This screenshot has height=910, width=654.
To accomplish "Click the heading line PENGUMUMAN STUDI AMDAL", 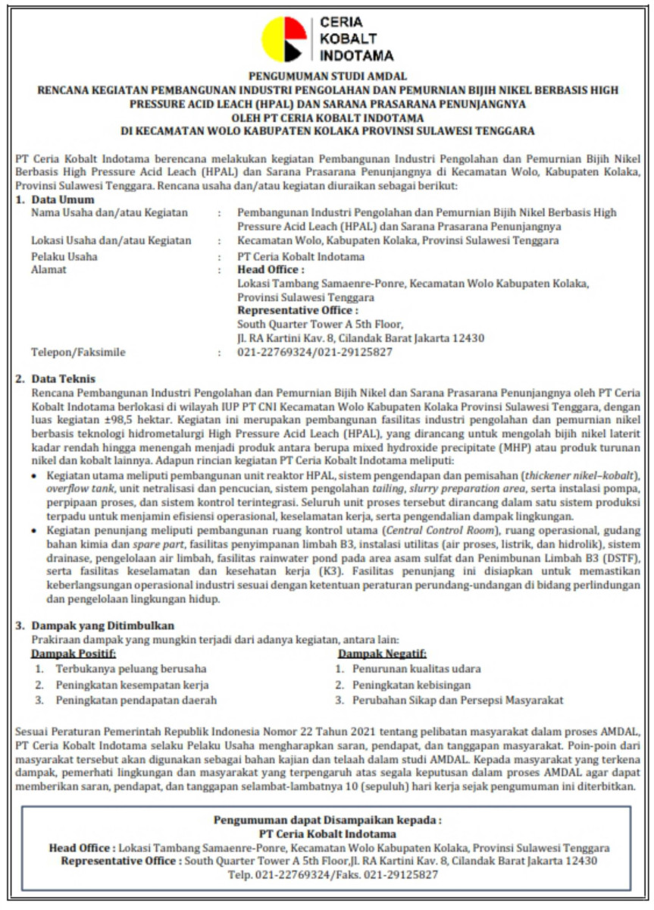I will (327, 76).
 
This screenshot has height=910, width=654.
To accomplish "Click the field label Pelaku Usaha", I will (64, 256).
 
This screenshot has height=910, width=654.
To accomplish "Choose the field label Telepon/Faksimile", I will (78, 352).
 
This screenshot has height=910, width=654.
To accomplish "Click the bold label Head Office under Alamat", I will (271, 270).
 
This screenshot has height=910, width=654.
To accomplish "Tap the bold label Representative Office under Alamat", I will (298, 311).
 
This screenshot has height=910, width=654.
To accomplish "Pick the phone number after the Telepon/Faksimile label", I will (315, 352).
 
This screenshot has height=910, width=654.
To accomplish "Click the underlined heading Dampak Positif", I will (74, 654).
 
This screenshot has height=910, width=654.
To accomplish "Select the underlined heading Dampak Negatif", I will (382, 654).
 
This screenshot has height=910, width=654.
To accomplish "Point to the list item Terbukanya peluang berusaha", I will (130, 669).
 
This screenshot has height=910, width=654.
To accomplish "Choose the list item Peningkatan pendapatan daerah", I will (136, 700).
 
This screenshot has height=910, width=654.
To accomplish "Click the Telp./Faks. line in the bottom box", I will (327, 875).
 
